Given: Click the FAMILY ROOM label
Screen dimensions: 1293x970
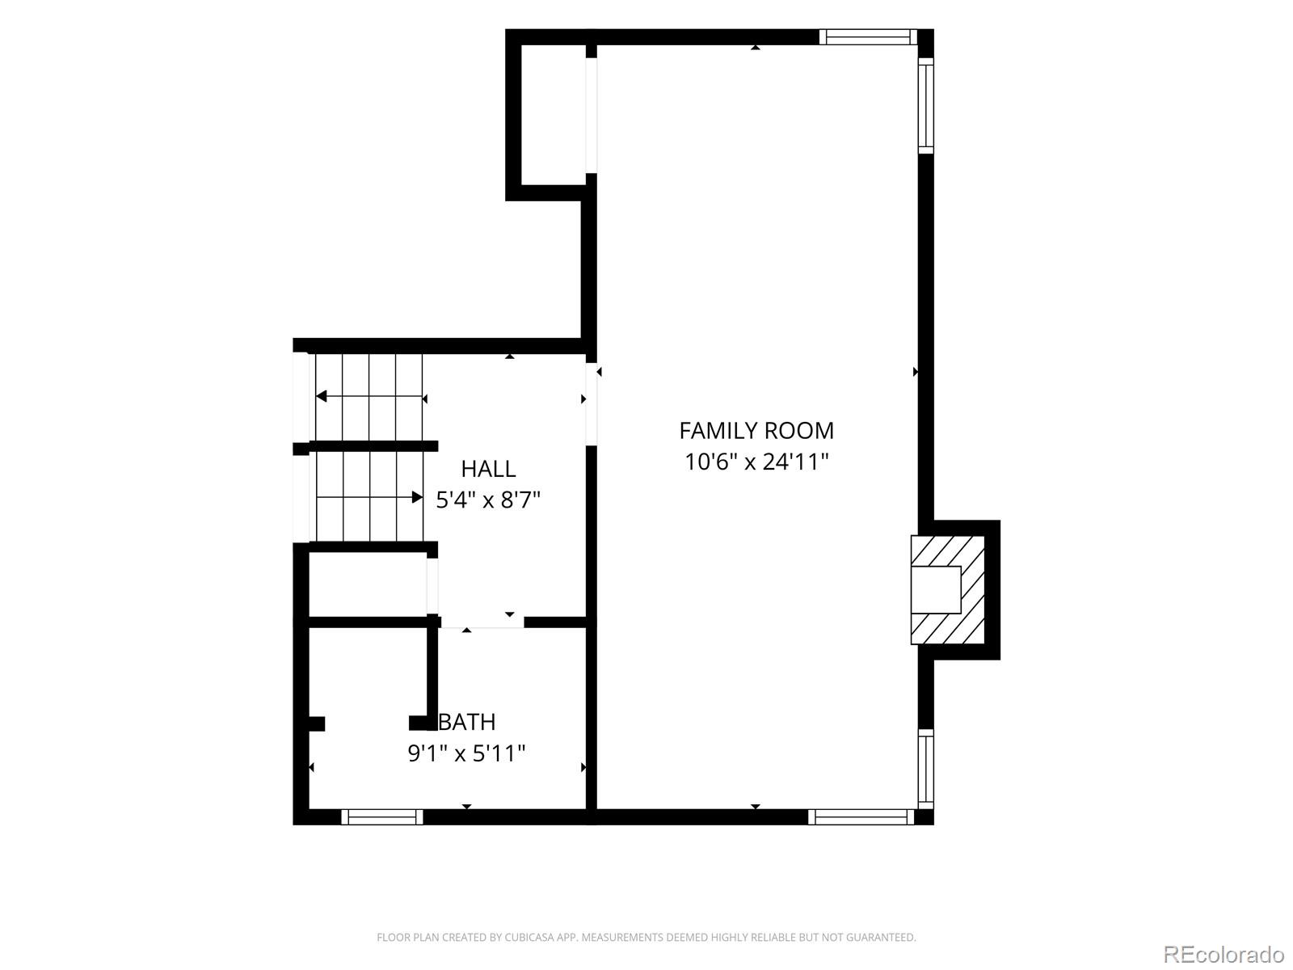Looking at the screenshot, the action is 756,431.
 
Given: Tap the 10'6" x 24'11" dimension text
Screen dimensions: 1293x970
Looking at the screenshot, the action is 756,462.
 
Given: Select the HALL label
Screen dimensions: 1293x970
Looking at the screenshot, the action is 488,469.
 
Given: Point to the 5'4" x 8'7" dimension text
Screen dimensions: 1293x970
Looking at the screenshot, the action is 488,500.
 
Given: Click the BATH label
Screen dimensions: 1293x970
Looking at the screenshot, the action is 467,722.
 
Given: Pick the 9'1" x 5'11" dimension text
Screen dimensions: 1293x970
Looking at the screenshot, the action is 466,753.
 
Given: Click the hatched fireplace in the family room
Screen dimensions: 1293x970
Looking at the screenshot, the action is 947,589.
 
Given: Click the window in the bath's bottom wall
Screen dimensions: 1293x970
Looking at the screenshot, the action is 381,816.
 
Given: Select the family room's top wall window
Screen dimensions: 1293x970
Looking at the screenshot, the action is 868,37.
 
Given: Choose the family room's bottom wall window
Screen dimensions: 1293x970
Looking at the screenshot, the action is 861,816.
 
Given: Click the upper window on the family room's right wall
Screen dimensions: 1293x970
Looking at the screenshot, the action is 926,105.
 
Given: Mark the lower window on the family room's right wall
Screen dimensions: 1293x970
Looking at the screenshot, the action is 926,770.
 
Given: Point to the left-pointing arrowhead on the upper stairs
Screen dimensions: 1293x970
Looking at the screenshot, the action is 321,396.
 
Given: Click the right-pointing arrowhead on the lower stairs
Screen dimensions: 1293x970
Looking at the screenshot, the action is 417,497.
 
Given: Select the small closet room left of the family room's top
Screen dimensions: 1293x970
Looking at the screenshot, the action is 554,115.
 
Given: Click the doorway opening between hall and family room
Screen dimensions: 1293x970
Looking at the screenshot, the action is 592,404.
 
